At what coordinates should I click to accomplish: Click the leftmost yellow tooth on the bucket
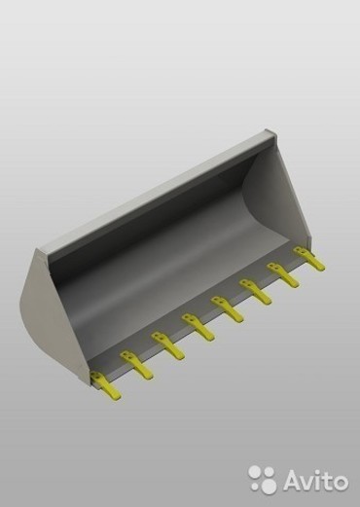[x=105, y=385]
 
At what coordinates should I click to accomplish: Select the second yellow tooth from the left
[x=136, y=365]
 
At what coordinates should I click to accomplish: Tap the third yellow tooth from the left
[x=167, y=345]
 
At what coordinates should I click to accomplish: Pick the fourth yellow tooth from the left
[x=198, y=327]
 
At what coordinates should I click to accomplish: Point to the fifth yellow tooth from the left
[x=227, y=309]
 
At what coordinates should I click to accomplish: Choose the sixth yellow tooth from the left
[x=255, y=292]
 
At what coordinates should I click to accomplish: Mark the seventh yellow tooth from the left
[x=283, y=275]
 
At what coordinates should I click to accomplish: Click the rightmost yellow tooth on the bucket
[x=309, y=259]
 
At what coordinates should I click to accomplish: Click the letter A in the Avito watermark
[x=294, y=479]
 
